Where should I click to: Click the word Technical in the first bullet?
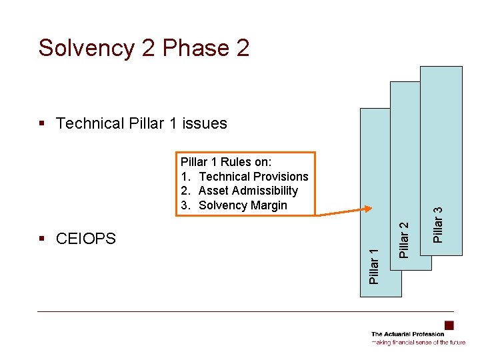click(90, 123)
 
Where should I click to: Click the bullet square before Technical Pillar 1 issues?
click(43, 123)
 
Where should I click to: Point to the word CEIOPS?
click(86, 239)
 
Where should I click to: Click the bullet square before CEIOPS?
click(43, 239)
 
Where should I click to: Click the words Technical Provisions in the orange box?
click(253, 177)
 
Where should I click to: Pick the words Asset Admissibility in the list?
click(248, 191)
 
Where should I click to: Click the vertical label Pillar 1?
click(375, 265)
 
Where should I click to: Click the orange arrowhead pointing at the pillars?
click(365, 211)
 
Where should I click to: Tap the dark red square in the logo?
click(449, 325)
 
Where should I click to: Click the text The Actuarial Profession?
click(407, 334)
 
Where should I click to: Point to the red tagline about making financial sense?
click(419, 342)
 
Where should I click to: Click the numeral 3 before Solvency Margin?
click(185, 205)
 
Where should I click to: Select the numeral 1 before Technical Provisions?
click(185, 177)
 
